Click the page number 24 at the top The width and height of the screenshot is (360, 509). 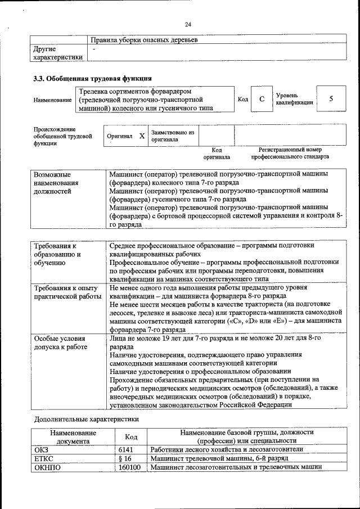coord(188,24)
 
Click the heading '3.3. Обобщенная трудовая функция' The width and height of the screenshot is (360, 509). coord(92,78)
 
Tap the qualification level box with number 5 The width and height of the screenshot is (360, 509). coord(331,99)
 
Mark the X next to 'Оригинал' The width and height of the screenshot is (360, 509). coord(142,136)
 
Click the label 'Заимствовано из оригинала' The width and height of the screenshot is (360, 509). coord(173,136)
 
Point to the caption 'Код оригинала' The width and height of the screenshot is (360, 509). coord(216,154)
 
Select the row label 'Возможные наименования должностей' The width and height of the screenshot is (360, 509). coord(56,183)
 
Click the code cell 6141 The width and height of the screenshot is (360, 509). coord(128,449)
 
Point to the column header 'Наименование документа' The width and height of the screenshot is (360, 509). coord(73,437)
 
